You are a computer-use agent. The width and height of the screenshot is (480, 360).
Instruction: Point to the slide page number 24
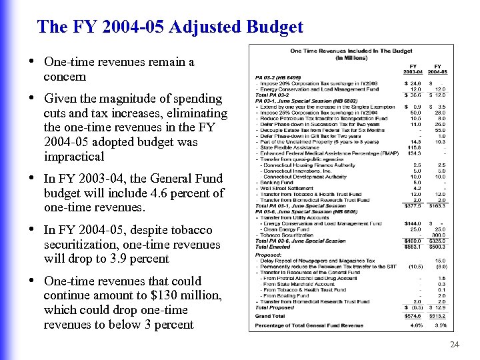[455, 345]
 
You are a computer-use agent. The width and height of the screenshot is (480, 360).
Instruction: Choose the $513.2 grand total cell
[437, 315]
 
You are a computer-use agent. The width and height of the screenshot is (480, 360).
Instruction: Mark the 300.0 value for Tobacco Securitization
[438, 235]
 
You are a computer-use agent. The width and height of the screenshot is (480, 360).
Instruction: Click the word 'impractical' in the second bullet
[74, 157]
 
